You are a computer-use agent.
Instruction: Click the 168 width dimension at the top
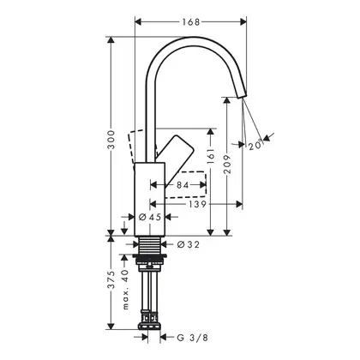pos(190,21)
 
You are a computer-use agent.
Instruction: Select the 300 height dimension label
pos(111,140)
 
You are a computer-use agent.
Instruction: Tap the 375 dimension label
pos(111,279)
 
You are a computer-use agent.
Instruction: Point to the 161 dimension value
pos(211,156)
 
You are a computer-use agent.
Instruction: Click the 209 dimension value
pos(227,165)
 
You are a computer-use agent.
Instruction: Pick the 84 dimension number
pos(183,185)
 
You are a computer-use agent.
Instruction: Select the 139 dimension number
pos(197,204)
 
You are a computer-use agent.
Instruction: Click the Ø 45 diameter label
pos(150,217)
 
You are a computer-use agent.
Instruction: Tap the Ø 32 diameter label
pos(188,244)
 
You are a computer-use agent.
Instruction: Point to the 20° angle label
pos(255,145)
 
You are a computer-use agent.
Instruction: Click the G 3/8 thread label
pos(193,338)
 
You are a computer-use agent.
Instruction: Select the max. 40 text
pos(126,290)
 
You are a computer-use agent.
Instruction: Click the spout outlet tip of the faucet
pos(243,96)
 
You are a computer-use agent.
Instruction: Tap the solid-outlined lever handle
pos(175,160)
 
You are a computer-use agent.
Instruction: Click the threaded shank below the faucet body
pos(150,245)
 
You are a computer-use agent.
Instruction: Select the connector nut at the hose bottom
pos(150,325)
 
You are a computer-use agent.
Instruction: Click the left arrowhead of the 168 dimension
pos(138,21)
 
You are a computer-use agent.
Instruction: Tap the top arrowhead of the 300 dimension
pos(111,40)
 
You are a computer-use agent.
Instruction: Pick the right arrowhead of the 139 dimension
pos(238,204)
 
